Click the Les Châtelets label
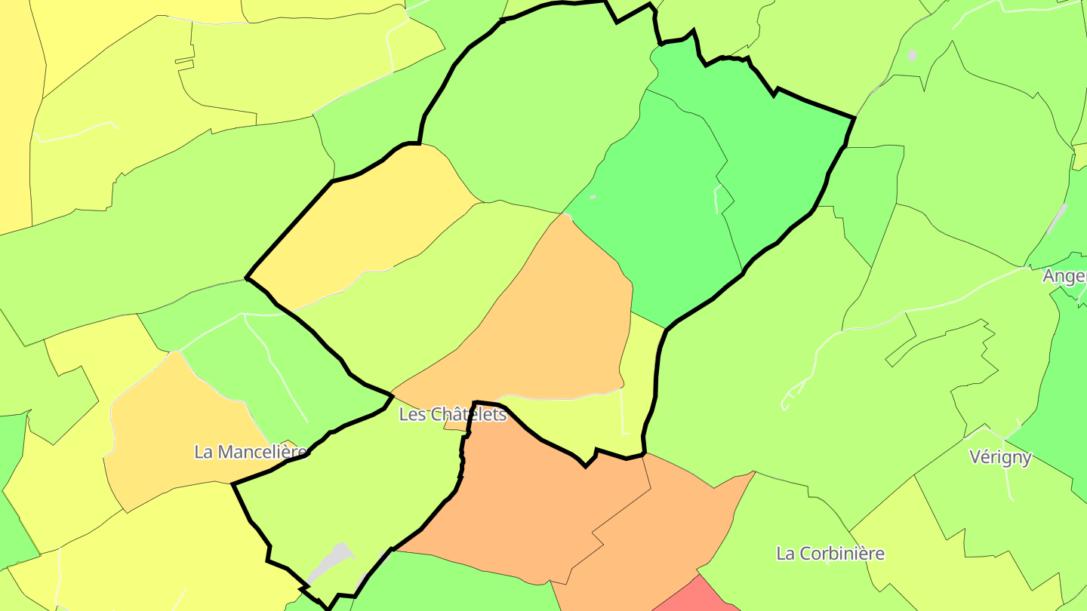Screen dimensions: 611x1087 tap(452, 414)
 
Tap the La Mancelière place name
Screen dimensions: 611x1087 tap(251, 452)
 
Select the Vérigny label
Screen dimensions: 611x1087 tap(1000, 457)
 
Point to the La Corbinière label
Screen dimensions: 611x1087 tap(830, 553)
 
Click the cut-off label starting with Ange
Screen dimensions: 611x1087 tap(1064, 276)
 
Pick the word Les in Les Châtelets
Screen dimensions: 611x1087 tap(411, 414)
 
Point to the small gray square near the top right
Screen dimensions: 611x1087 tap(912, 54)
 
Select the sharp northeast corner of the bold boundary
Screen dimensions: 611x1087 tap(854, 118)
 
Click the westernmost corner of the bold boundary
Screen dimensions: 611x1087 tap(248, 278)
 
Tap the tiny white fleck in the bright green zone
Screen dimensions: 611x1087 tap(593, 197)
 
